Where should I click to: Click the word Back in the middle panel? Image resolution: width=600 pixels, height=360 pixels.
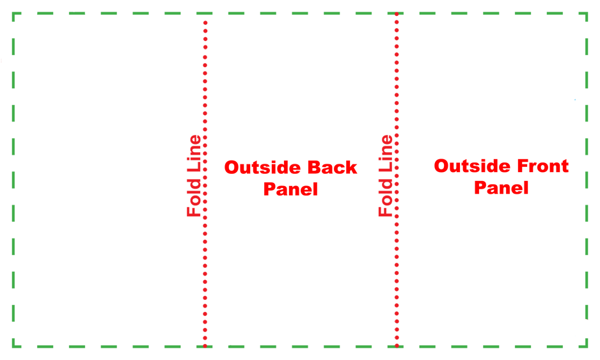coord(332,168)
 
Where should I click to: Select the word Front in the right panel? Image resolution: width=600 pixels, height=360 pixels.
coord(542,166)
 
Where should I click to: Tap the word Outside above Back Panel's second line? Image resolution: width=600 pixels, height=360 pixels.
coord(262,168)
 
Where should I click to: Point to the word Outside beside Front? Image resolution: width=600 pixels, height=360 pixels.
coord(472,166)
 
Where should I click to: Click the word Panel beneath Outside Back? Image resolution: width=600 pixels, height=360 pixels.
coord(291,189)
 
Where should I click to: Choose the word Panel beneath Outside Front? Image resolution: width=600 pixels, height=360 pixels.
coord(501,187)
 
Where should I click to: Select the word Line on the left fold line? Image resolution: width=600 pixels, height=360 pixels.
coord(194,154)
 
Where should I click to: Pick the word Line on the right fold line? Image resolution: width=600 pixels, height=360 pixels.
coord(386,154)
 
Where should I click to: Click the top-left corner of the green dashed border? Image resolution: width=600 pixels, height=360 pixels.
coord(13,14)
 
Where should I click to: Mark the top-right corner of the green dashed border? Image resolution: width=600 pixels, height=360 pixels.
coord(587,14)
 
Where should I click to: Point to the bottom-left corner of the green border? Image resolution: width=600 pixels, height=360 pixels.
coord(13,346)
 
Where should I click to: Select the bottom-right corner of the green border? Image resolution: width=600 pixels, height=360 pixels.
coord(587,346)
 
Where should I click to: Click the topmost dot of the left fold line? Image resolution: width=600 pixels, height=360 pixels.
coord(205,23)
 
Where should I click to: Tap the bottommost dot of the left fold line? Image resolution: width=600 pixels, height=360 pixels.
coord(205,346)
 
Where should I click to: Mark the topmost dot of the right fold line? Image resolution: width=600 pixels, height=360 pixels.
coord(397,15)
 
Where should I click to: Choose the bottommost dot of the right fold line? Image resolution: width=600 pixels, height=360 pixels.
coord(397,346)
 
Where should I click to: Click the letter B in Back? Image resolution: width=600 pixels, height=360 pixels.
coord(314,168)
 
